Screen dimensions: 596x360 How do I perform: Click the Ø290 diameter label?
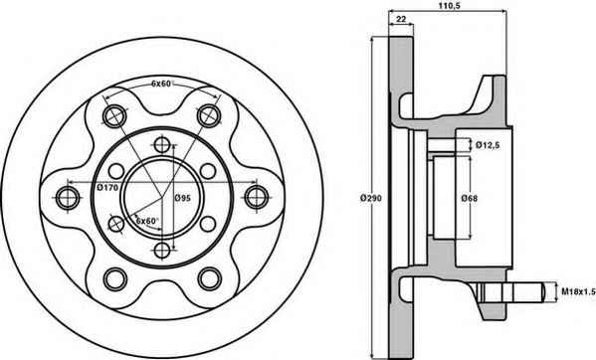click(x=371, y=198)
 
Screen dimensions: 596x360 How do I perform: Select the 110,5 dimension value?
click(x=448, y=5)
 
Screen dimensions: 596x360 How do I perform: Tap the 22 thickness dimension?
click(x=401, y=19)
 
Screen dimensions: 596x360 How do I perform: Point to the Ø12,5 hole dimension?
click(x=488, y=144)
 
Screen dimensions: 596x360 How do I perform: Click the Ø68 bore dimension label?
click(x=470, y=198)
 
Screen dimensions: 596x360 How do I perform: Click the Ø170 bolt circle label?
click(x=107, y=187)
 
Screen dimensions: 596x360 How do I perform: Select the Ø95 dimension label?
click(x=182, y=198)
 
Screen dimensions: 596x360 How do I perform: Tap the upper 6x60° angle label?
click(x=162, y=84)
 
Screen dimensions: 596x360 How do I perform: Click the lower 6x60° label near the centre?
click(x=146, y=221)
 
